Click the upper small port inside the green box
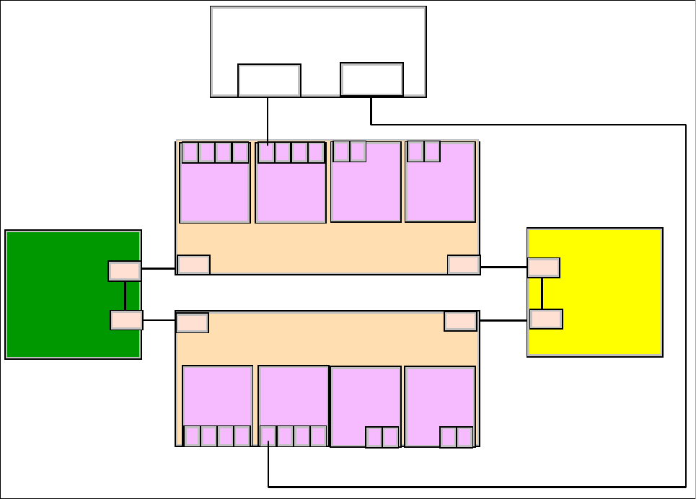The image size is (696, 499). [124, 271]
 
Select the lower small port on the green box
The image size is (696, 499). [126, 320]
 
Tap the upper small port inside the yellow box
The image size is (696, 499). [543, 268]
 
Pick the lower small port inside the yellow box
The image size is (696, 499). [545, 319]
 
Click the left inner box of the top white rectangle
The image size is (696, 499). [269, 80]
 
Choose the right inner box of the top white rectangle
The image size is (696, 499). [371, 79]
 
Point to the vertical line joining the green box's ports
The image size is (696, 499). [125, 296]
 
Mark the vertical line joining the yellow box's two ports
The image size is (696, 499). [542, 293]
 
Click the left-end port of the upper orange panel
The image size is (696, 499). [193, 265]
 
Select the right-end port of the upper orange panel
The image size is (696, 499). [464, 265]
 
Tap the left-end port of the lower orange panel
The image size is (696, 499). [192, 322]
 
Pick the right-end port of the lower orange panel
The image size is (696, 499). [460, 321]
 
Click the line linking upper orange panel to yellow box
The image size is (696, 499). [503, 267]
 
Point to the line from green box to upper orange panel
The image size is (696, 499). [158, 268]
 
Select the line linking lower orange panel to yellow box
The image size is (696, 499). [503, 320]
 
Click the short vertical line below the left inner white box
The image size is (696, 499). [268, 119]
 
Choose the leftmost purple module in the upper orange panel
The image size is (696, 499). [215, 191]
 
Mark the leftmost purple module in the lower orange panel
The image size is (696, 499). [217, 397]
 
